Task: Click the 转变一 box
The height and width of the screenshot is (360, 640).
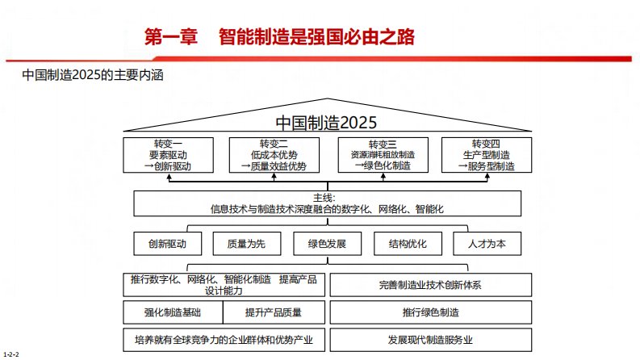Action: (x=168, y=155)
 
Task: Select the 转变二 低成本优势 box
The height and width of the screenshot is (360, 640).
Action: (x=274, y=155)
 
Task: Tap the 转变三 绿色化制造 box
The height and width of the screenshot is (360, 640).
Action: (x=383, y=155)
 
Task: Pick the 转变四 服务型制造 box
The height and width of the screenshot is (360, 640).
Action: (x=487, y=155)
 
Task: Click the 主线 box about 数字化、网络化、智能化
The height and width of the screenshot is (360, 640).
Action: (x=328, y=203)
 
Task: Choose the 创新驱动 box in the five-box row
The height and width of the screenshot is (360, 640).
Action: (x=168, y=244)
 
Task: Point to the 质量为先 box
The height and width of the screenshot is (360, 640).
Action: (x=247, y=244)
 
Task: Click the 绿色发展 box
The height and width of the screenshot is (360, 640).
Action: (x=328, y=244)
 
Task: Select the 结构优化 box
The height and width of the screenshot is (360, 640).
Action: (x=408, y=244)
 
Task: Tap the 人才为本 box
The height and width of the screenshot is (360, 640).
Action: (x=487, y=244)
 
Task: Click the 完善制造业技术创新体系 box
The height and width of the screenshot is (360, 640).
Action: (x=431, y=285)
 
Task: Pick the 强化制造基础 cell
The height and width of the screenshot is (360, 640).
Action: (x=173, y=312)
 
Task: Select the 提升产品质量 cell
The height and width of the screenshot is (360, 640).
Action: (x=274, y=312)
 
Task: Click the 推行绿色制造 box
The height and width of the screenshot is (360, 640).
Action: (x=431, y=312)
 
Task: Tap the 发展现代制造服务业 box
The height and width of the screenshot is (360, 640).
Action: (x=431, y=340)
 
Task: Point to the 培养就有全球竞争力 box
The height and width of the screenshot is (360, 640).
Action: (x=224, y=340)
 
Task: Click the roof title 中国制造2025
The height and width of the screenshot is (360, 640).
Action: (x=326, y=123)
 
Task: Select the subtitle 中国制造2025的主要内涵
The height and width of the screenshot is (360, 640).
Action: (x=93, y=75)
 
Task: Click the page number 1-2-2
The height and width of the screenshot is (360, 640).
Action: (x=11, y=354)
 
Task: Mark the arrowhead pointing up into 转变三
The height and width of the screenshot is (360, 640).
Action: (x=383, y=176)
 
